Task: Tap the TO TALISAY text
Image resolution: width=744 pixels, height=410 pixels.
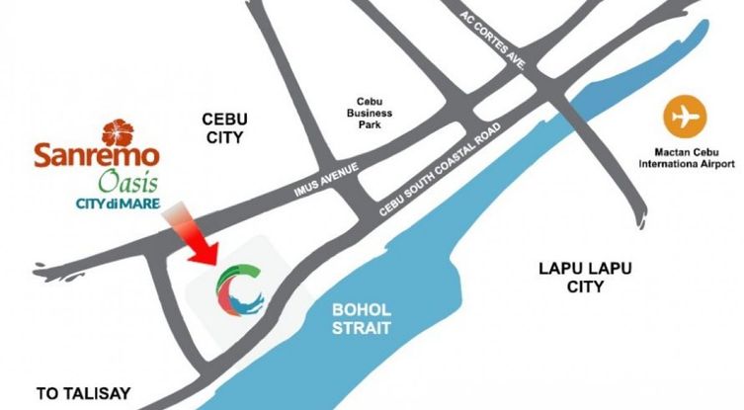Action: tap(83, 393)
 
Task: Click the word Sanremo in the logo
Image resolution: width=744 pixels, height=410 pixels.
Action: tap(96, 156)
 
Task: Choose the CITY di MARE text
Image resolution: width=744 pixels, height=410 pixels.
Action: tap(115, 205)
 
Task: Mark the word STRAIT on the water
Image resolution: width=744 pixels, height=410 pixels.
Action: tap(362, 328)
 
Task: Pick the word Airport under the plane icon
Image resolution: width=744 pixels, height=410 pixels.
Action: tap(717, 165)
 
